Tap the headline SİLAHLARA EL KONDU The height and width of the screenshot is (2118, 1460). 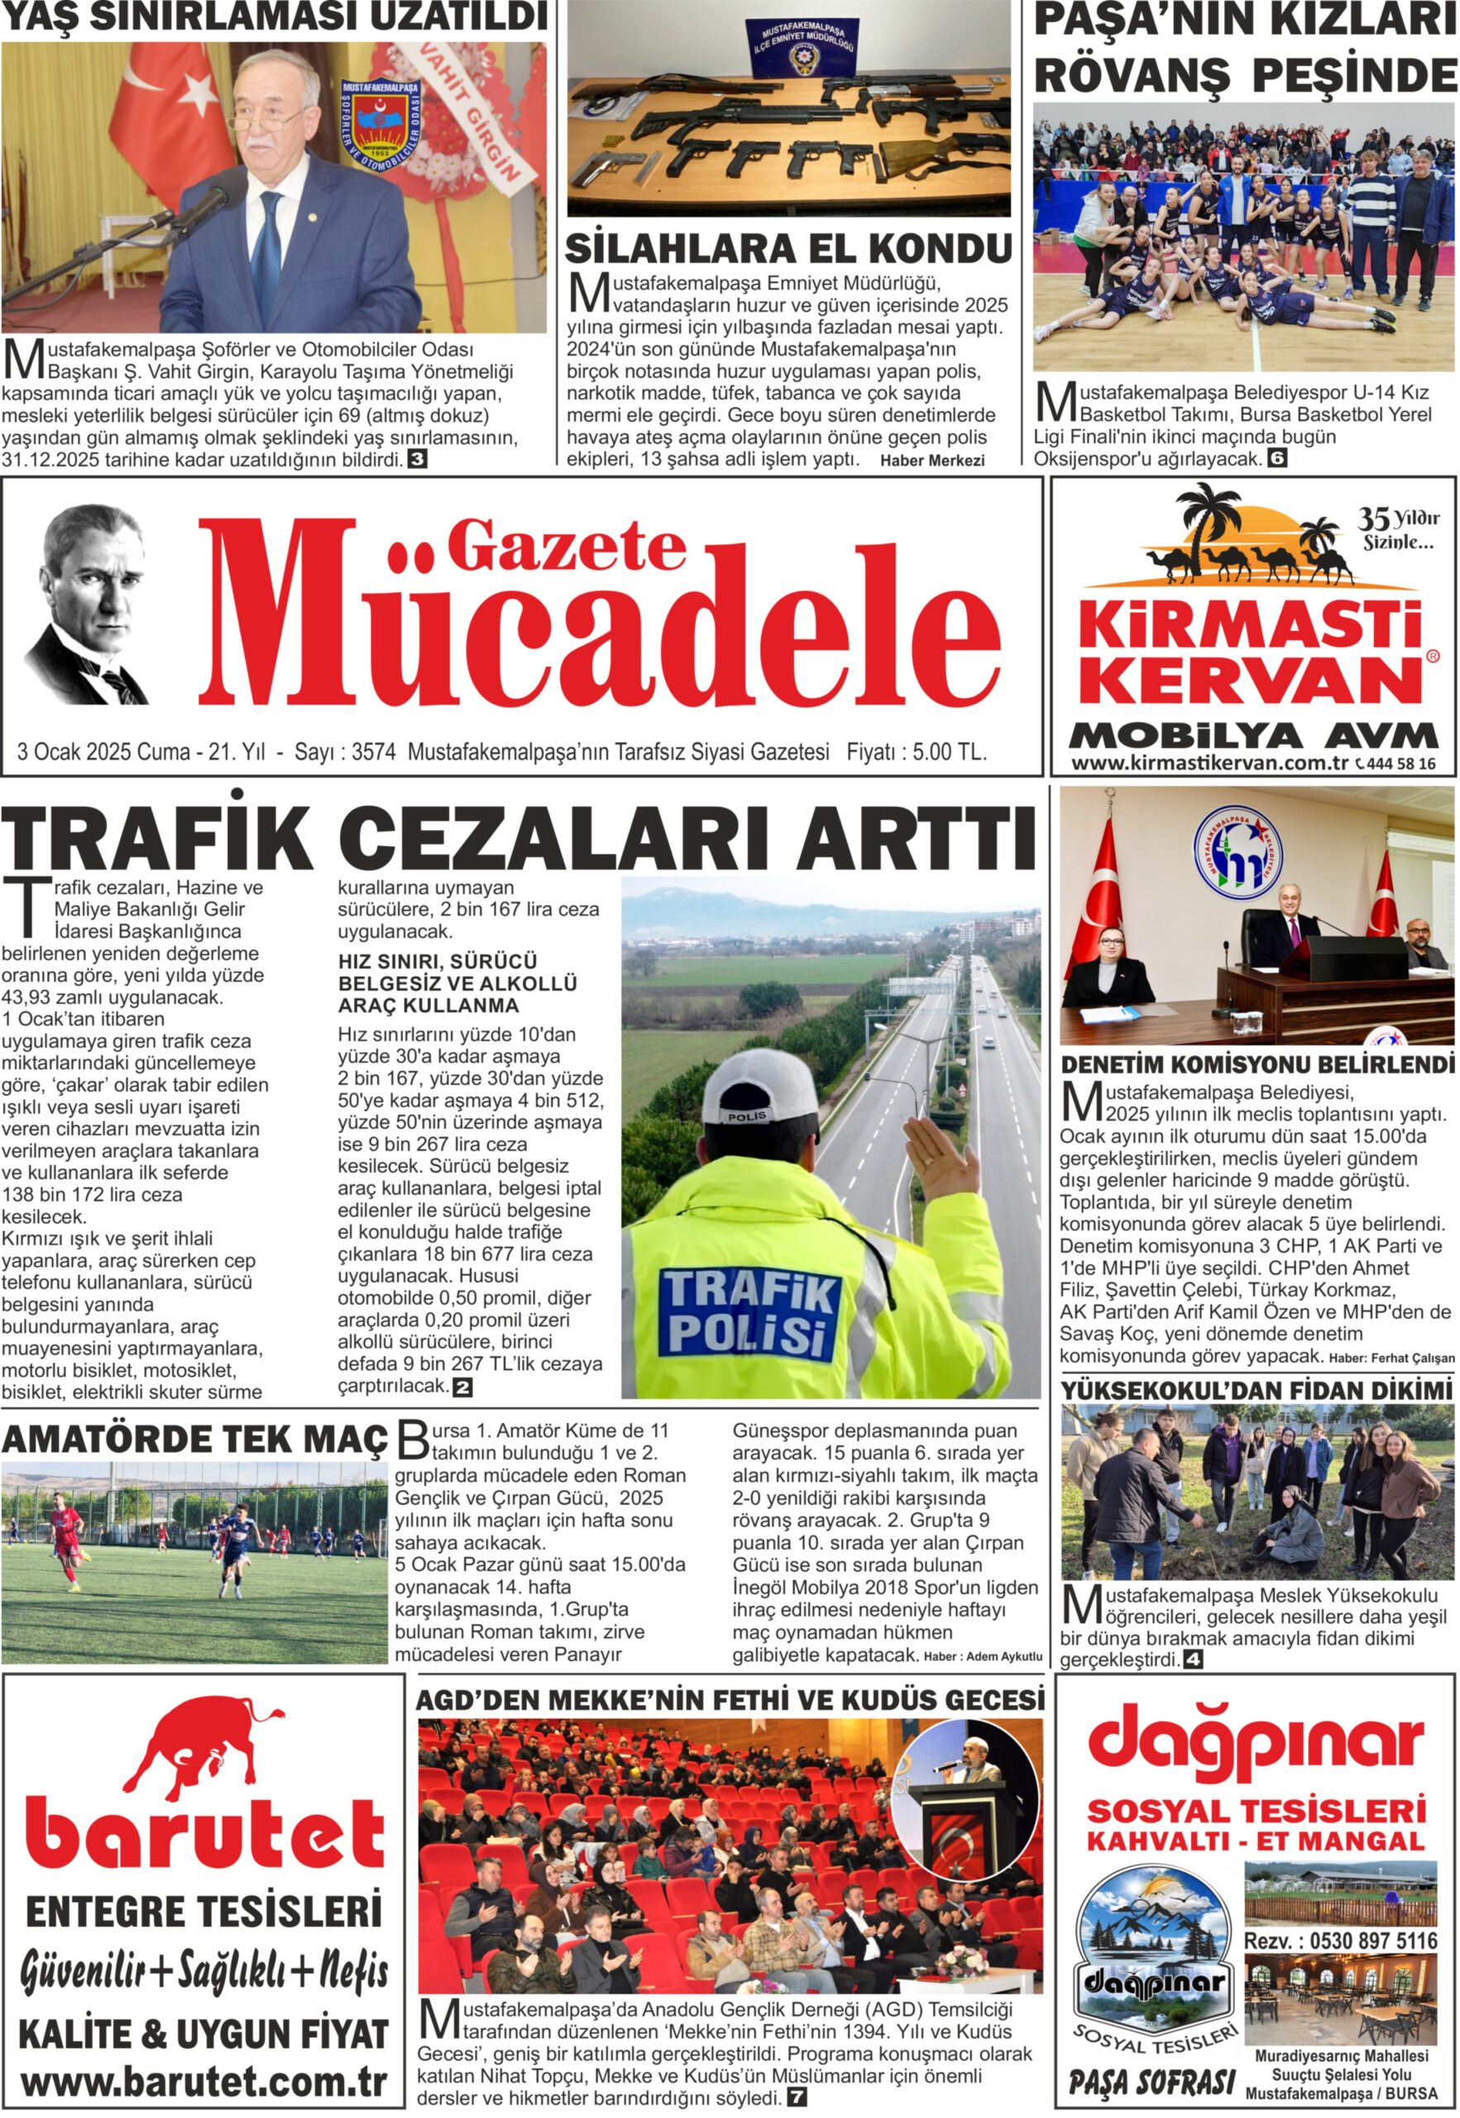(787, 248)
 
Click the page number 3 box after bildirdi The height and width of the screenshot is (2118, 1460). (417, 459)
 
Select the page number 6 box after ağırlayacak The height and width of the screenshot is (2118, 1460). (1277, 459)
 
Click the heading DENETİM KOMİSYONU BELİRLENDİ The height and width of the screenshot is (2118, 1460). (1257, 1065)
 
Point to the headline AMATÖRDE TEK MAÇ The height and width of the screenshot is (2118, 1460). (195, 1439)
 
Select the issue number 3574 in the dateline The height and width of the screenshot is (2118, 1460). (373, 752)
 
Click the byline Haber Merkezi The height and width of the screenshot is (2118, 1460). (931, 461)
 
